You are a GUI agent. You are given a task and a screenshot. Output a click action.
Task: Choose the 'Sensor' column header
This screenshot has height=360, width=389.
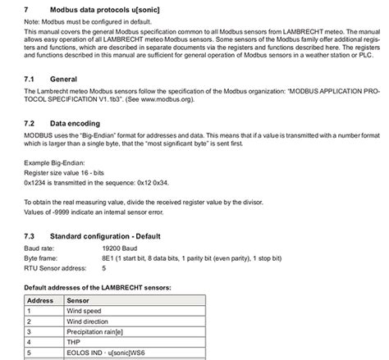pos(79,301)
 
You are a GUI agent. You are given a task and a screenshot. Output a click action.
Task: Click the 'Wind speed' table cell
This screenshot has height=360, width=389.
pos(85,312)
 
